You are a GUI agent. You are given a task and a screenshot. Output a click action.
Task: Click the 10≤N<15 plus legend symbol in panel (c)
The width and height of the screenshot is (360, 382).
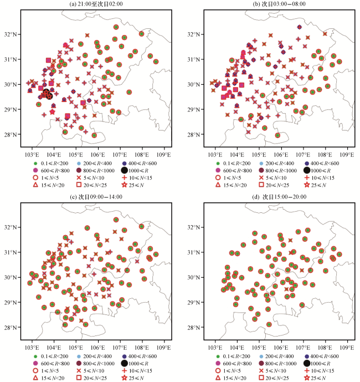pyautogui.click(x=126, y=370)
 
